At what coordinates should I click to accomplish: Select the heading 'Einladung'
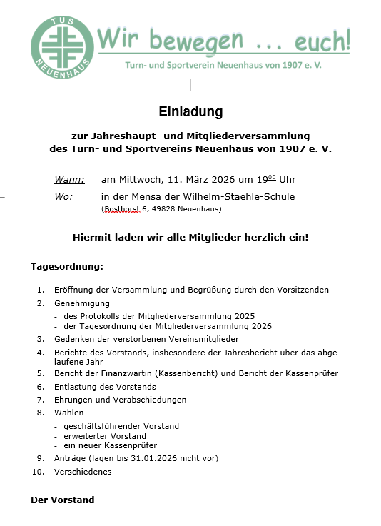[x=190, y=112]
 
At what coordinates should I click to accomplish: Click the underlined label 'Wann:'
[x=69, y=179]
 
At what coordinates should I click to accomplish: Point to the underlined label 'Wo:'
[x=63, y=196]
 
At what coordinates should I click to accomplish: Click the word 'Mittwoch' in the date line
[x=139, y=179]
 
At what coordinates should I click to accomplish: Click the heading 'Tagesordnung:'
[x=67, y=267]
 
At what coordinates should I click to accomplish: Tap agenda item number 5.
[x=41, y=373]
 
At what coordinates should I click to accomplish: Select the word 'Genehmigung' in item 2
[x=80, y=303]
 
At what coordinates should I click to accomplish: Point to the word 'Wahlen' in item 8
[x=68, y=413]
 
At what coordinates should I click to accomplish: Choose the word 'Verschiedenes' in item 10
[x=83, y=472]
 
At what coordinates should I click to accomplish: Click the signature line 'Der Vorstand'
[x=62, y=500]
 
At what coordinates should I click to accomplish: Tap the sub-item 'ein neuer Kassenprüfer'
[x=110, y=445]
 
